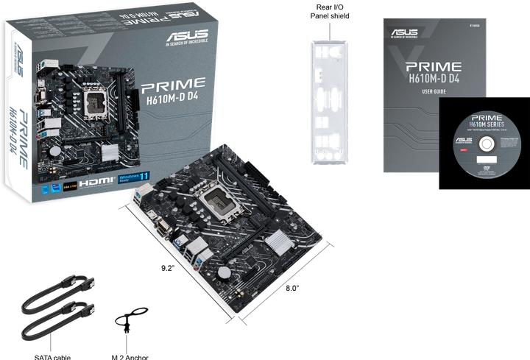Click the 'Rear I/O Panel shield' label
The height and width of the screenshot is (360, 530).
[329, 11]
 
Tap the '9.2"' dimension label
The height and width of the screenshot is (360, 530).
[167, 268]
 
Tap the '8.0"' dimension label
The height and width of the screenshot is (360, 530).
[292, 289]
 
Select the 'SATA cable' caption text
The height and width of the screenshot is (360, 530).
[52, 357]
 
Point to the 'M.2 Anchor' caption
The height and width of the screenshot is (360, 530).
[130, 357]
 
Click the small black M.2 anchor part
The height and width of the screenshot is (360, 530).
[127, 322]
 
